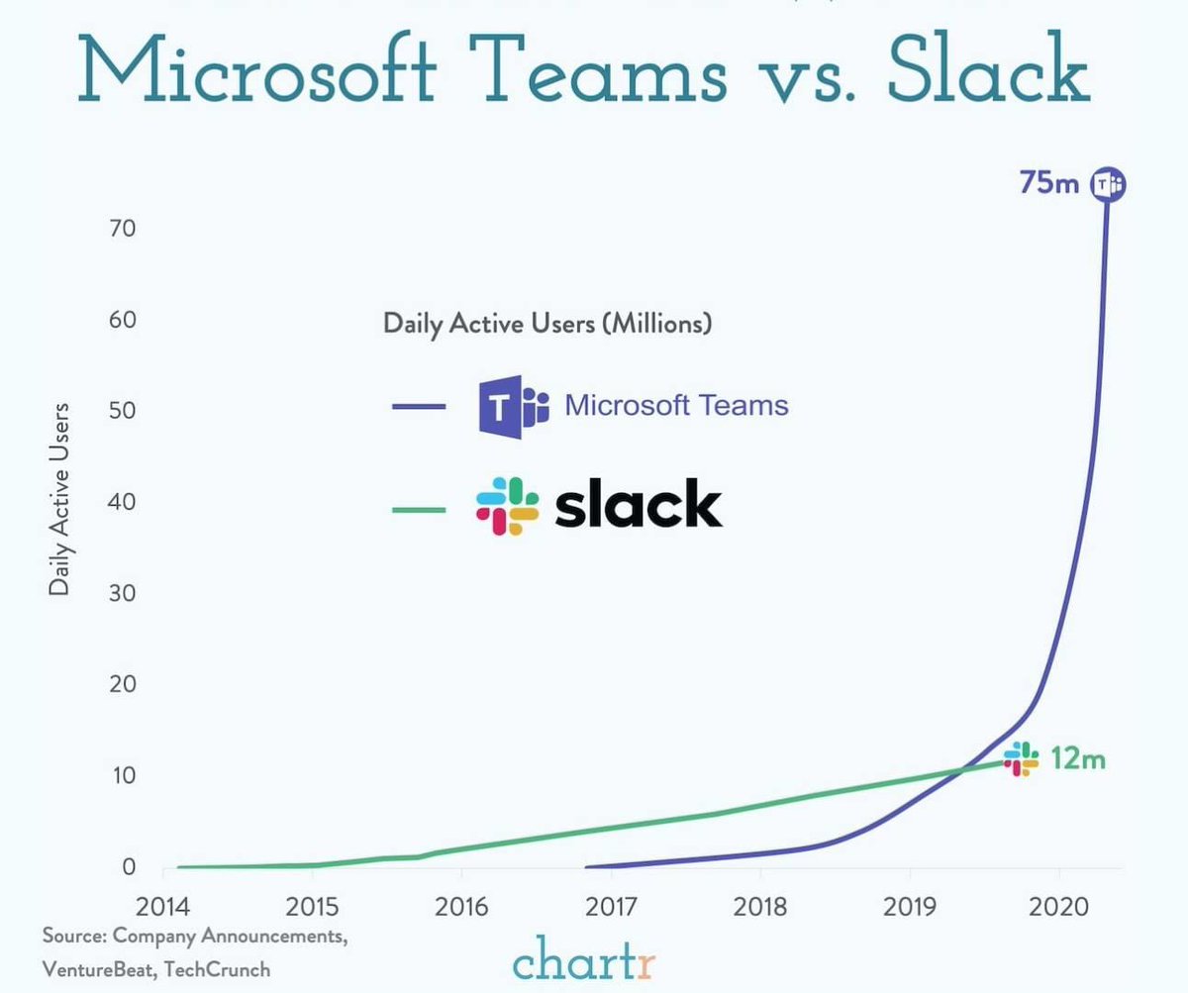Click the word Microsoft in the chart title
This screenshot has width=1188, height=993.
click(x=256, y=72)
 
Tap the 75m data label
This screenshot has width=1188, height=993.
click(x=1049, y=183)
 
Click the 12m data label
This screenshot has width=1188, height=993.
click(x=1078, y=759)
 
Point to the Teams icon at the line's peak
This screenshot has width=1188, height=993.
click(x=1108, y=184)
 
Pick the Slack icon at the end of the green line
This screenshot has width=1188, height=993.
click(x=1020, y=759)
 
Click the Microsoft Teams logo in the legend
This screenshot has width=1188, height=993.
click(x=513, y=406)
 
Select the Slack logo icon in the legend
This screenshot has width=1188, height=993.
click(x=507, y=507)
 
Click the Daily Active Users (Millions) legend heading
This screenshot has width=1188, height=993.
click(x=547, y=324)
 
